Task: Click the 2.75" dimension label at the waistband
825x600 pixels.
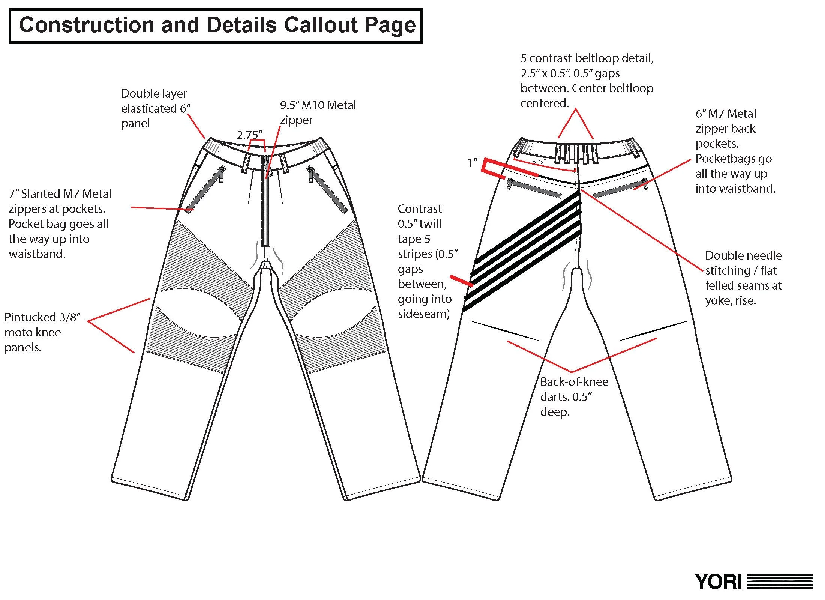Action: click(249, 135)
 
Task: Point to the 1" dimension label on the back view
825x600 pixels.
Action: click(472, 163)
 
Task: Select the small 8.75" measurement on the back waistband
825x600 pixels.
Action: click(538, 162)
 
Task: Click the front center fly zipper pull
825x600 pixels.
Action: click(267, 161)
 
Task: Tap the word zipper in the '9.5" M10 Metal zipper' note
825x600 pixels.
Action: click(296, 120)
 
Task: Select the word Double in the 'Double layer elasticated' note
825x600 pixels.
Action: click(137, 93)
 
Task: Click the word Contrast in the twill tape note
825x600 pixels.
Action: click(420, 209)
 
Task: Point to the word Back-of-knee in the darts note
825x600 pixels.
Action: click(574, 382)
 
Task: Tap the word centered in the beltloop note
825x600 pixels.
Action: click(544, 103)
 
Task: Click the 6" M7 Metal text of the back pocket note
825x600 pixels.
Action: click(725, 114)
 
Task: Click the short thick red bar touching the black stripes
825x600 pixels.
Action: click(461, 281)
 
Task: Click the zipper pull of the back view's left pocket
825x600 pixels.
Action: click(509, 184)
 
